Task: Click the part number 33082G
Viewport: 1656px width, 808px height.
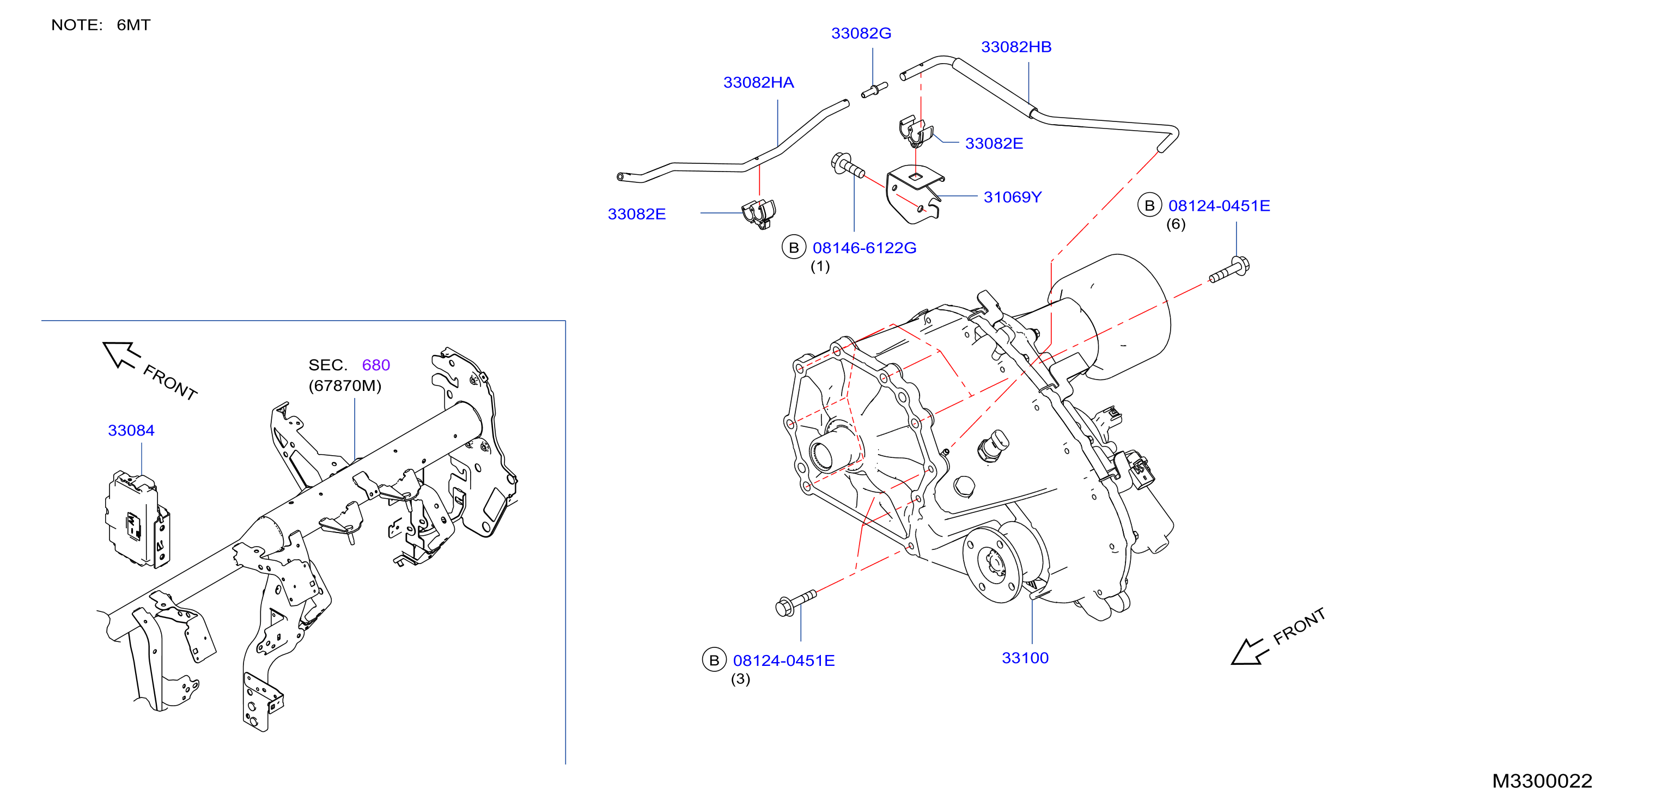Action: coord(861,33)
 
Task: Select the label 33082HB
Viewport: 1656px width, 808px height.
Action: coord(1016,47)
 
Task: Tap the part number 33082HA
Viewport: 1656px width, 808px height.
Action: coord(759,82)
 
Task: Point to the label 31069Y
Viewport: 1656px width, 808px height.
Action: coord(1013,197)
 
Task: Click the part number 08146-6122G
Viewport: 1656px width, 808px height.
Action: coord(864,248)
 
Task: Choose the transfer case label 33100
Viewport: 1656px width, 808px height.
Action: coord(1025,658)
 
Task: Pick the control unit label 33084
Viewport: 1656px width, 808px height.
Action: coord(131,431)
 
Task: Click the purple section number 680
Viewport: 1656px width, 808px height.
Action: coord(376,365)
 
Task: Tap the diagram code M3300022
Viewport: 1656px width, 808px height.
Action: coord(1542,781)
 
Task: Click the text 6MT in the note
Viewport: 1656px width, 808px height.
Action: coord(133,25)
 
